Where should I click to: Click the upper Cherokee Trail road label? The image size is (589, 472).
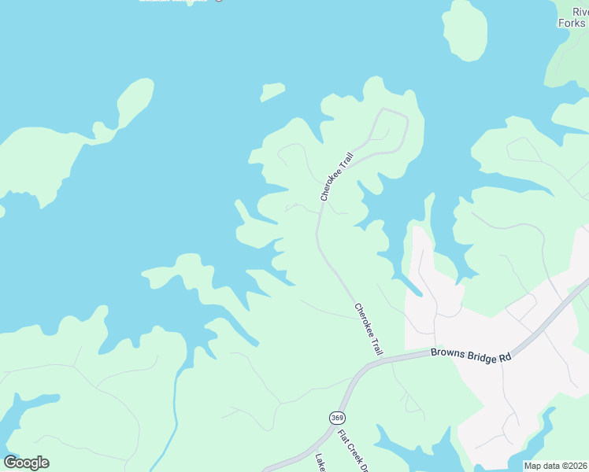pyautogui.click(x=336, y=176)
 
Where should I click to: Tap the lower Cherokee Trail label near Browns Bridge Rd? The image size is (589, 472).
pyautogui.click(x=368, y=329)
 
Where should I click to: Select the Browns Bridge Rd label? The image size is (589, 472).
pyautogui.click(x=471, y=355)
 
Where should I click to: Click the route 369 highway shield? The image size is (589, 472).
pyautogui.click(x=337, y=416)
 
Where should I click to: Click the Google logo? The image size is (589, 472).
pyautogui.click(x=26, y=463)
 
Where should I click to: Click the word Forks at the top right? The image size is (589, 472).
pyautogui.click(x=572, y=23)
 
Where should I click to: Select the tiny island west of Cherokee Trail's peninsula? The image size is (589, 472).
pyautogui.click(x=272, y=92)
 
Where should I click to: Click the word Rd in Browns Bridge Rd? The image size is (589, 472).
pyautogui.click(x=505, y=358)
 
